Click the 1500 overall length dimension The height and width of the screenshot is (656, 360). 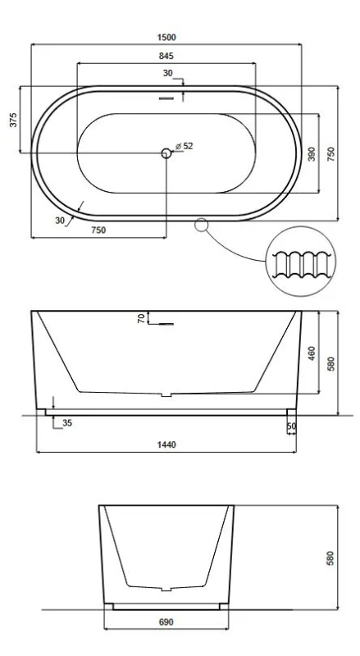[x=166, y=37]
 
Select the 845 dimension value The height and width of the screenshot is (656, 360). [x=166, y=56]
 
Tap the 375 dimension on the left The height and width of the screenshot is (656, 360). [x=13, y=120]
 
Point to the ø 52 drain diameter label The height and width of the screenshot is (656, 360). [x=185, y=146]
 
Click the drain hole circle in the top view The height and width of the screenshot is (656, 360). [x=166, y=153]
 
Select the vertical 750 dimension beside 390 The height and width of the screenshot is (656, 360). [x=330, y=154]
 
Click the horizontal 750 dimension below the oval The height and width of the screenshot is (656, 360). [x=98, y=230]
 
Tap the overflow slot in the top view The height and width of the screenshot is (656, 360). [x=166, y=98]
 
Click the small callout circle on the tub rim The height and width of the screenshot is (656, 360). [x=202, y=225]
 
